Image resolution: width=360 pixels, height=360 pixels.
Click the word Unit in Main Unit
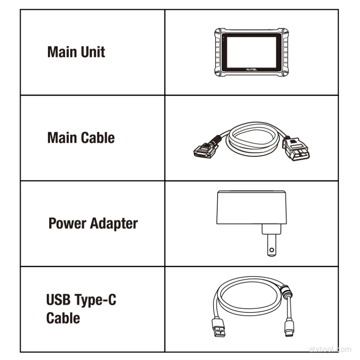click(x=93, y=52)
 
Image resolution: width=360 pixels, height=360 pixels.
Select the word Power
click(x=68, y=223)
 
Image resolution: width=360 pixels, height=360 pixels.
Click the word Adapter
click(x=114, y=224)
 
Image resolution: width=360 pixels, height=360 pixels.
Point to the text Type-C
click(x=95, y=300)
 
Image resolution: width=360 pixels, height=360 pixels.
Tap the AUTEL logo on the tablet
click(x=252, y=69)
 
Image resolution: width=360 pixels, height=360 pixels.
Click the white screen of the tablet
click(x=252, y=52)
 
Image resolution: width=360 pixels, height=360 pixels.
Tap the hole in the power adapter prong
click(x=272, y=250)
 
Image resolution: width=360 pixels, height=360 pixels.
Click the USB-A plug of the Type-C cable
click(x=218, y=327)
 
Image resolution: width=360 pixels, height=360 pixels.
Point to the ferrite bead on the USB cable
click(x=286, y=291)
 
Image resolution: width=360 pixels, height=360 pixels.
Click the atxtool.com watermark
click(x=330, y=350)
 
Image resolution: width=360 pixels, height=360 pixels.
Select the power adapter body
click(x=252, y=207)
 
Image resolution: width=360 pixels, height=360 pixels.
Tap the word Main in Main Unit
click(x=62, y=52)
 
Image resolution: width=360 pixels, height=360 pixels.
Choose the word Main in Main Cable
click(x=62, y=138)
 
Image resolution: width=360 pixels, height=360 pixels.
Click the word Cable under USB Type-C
click(x=63, y=318)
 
